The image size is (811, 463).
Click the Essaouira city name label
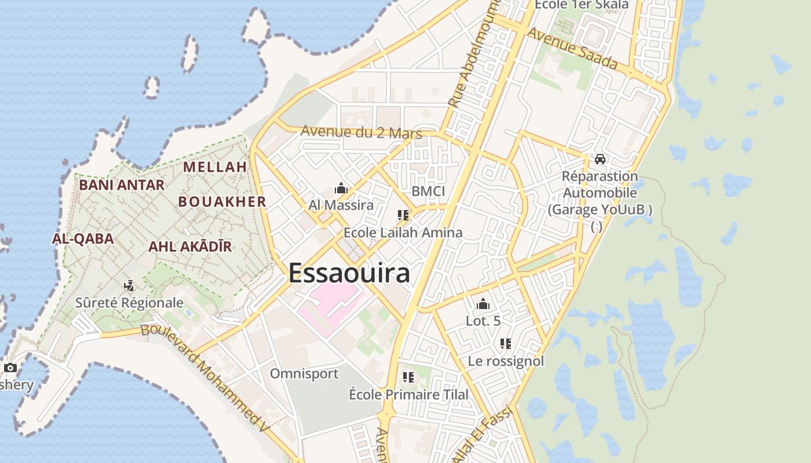pyautogui.click(x=349, y=273)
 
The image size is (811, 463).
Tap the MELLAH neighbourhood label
pyautogui.click(x=215, y=167)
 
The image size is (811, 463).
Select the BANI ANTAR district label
pyautogui.click(x=122, y=185)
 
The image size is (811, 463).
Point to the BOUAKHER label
pyautogui.click(x=222, y=201)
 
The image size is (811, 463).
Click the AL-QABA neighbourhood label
pyautogui.click(x=83, y=238)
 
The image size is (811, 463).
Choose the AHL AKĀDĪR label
pyautogui.click(x=190, y=247)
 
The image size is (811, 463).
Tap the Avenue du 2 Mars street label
pyautogui.click(x=361, y=132)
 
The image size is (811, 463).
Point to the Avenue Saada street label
pyautogui.click(x=572, y=49)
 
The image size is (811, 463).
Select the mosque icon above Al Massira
pyautogui.click(x=341, y=189)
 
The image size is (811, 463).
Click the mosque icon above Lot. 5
pyautogui.click(x=483, y=304)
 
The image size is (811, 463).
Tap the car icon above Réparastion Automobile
pyautogui.click(x=600, y=159)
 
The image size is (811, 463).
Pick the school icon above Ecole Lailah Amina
pyautogui.click(x=403, y=215)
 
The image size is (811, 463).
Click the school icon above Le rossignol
pyautogui.click(x=506, y=344)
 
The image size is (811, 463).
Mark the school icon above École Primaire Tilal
pyautogui.click(x=408, y=377)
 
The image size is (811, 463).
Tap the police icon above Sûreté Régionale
pyautogui.click(x=129, y=286)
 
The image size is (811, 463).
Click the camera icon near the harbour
pyautogui.click(x=10, y=368)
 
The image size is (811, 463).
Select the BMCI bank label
pyautogui.click(x=428, y=192)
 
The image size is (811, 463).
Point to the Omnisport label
pyautogui.click(x=304, y=374)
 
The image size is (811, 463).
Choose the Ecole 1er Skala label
pyautogui.click(x=581, y=5)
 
